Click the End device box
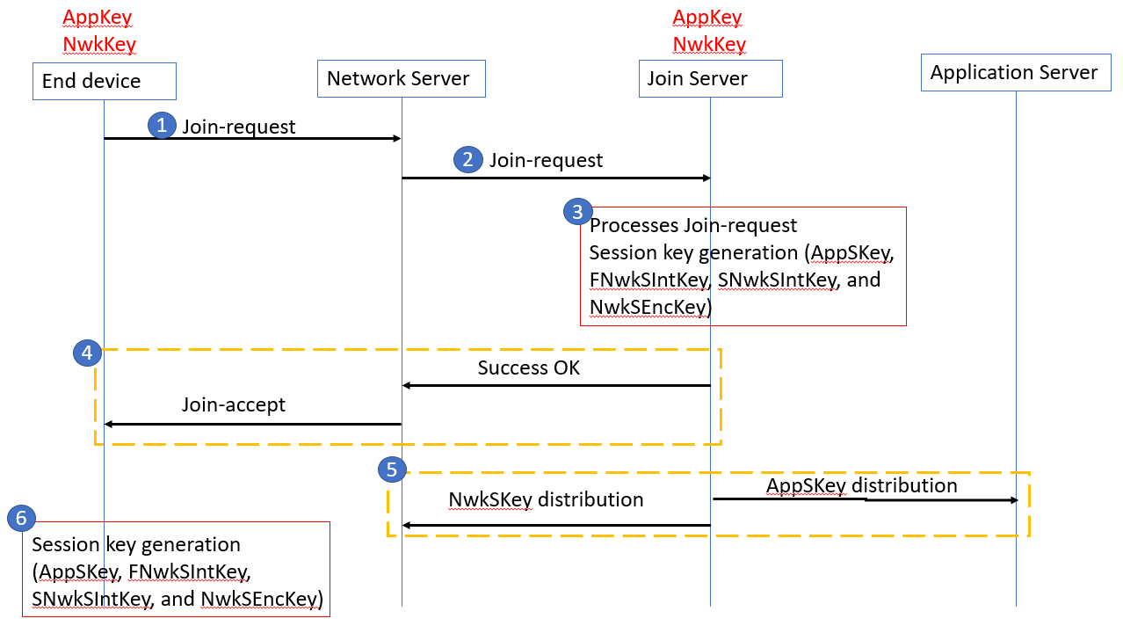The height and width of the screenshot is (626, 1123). [104, 81]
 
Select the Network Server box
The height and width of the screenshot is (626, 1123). [401, 79]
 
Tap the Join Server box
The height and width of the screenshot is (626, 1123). [709, 79]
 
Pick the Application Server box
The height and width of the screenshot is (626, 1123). [1015, 73]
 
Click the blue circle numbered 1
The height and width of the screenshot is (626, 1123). [161, 125]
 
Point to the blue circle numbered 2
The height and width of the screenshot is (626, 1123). [467, 159]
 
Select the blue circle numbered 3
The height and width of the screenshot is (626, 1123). [576, 211]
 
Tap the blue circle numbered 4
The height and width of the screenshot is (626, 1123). [86, 353]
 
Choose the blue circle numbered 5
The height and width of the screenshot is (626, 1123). [392, 469]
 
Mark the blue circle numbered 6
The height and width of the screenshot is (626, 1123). [21, 518]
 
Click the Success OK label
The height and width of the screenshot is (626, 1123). [529, 368]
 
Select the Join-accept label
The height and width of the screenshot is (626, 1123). [234, 405]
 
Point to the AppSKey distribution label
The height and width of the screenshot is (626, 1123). [861, 485]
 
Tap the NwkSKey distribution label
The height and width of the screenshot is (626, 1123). [546, 500]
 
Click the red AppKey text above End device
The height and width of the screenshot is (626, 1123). [98, 17]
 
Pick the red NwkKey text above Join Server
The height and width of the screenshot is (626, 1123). [709, 44]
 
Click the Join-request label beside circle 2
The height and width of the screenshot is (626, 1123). [546, 160]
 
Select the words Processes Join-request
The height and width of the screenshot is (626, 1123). [693, 226]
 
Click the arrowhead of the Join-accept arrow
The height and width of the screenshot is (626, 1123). [109, 424]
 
